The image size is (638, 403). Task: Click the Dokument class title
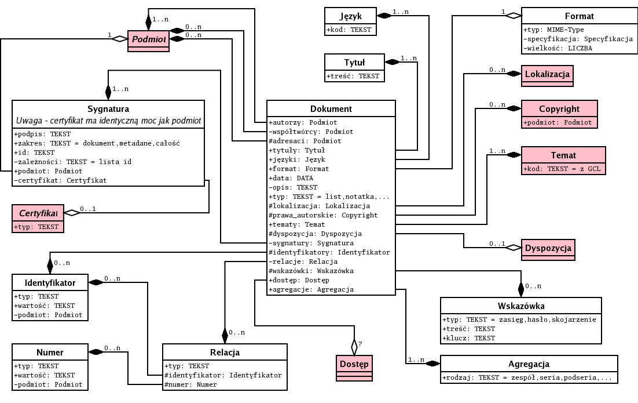pos(331,108)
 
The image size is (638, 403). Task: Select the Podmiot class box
pos(148,39)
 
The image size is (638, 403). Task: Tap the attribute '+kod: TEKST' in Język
pos(349,30)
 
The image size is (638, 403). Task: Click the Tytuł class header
pos(354,62)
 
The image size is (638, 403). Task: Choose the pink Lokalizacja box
pos(548,74)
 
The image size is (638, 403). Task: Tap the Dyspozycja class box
pos(548,248)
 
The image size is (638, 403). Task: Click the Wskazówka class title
pos(520,306)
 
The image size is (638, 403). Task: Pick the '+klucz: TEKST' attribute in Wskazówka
pos(468,338)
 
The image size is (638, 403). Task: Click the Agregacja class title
pos(528,364)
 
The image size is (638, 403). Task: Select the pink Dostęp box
pos(353,364)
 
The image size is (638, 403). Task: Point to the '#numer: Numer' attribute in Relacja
pos(192,384)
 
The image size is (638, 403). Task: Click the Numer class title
pos(50,352)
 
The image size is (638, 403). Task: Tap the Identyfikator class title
pos(50,282)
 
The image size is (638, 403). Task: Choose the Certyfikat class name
pos(38,213)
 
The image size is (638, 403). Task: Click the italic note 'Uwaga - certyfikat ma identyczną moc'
pos(108,121)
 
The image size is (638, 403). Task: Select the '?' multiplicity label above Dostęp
pos(360,344)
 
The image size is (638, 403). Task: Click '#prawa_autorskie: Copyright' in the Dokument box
pos(323,215)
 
